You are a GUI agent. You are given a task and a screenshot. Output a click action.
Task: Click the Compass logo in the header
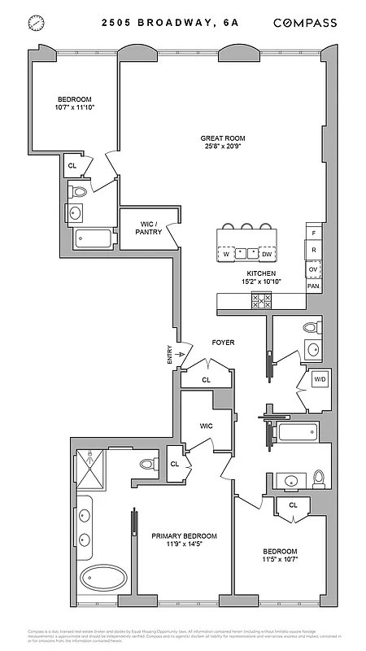pos(305,24)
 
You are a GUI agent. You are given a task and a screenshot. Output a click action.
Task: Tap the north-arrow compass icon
pos(35,24)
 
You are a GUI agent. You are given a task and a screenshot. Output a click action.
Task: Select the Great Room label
pos(223,138)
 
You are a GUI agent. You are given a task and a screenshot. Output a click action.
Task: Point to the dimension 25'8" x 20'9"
pos(223,149)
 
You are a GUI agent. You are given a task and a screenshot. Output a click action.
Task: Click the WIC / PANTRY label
pos(149,228)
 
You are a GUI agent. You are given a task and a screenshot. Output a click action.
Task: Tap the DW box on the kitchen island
pos(267,254)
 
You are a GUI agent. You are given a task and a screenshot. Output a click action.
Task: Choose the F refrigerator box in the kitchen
pos(313,232)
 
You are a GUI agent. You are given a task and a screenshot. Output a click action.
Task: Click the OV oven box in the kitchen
pos(313,269)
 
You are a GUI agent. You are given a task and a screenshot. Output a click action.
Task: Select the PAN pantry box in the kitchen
pos(313,286)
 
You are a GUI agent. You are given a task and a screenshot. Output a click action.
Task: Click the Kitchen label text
pos(261,274)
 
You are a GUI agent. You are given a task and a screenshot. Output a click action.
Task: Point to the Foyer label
pos(223,343)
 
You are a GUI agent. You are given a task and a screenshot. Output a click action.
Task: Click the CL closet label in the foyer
pos(206,379)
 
